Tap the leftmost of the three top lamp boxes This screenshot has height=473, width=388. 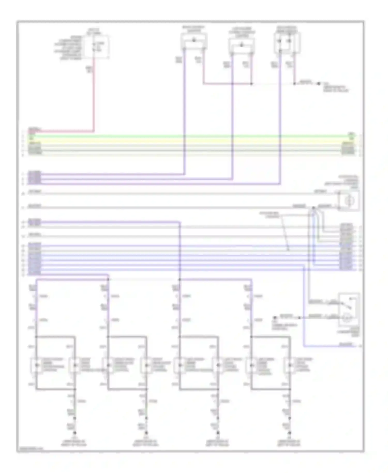(194, 41)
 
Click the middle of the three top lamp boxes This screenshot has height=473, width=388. (242, 46)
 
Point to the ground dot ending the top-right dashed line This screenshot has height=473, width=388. (319, 84)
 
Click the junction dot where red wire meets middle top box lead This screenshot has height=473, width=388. (251, 84)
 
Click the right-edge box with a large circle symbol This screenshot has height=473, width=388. (349, 201)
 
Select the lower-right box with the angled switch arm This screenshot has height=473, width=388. (348, 309)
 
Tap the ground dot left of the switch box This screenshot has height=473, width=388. (275, 317)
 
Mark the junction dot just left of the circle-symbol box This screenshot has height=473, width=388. (314, 208)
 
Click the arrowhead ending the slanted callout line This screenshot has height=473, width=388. (288, 250)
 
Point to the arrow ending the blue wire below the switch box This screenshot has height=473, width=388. (360, 346)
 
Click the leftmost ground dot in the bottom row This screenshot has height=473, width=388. (75, 433)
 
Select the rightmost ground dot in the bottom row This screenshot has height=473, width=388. (290, 433)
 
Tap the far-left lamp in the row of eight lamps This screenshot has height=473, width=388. (36, 365)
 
